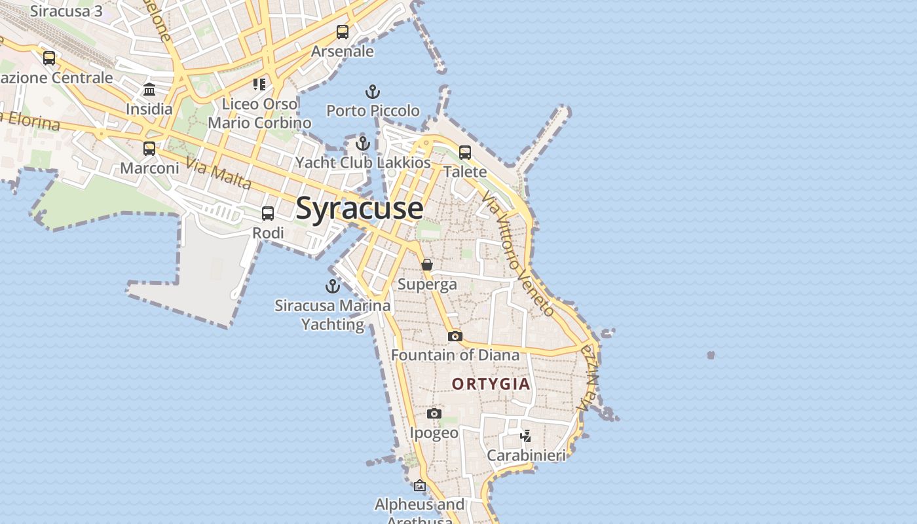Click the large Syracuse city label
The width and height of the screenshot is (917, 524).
pyautogui.click(x=360, y=208)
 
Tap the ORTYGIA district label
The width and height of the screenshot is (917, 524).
pyautogui.click(x=491, y=384)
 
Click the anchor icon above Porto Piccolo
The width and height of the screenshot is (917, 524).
pyautogui.click(x=373, y=92)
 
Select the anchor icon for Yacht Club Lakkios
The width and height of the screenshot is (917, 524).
pyautogui.click(x=363, y=143)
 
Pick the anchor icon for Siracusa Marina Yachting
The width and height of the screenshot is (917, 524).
pyautogui.click(x=333, y=286)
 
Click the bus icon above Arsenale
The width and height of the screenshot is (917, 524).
pyautogui.click(x=343, y=32)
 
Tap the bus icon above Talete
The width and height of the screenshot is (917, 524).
pyautogui.click(x=465, y=153)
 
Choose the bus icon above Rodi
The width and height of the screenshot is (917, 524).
pyautogui.click(x=268, y=214)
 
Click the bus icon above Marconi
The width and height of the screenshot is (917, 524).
pyautogui.click(x=149, y=149)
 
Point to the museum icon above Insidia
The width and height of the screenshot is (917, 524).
pyautogui.click(x=149, y=90)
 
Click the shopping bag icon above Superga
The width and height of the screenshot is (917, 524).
pyautogui.click(x=427, y=265)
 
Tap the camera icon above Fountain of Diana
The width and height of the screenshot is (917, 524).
pyautogui.click(x=455, y=336)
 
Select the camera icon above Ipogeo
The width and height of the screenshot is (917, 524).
pyautogui.click(x=434, y=413)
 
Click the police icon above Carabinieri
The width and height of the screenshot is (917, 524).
pyautogui.click(x=526, y=436)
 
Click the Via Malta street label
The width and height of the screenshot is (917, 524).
pyautogui.click(x=218, y=173)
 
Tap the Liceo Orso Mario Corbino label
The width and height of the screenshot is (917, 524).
pyautogui.click(x=259, y=113)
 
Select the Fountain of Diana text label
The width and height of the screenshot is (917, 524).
pyautogui.click(x=455, y=355)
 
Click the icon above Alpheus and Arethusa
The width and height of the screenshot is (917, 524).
pyautogui.click(x=420, y=485)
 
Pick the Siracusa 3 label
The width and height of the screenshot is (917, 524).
pyautogui.click(x=66, y=11)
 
